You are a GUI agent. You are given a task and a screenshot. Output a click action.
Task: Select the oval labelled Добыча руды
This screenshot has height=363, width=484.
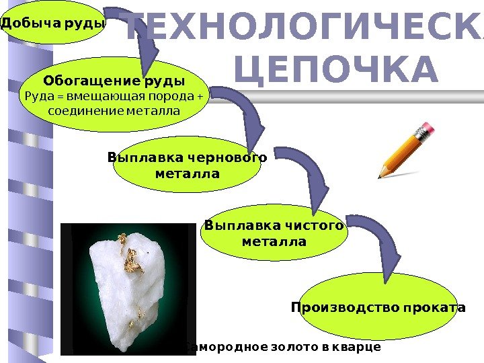pyautogui.click(x=54, y=24)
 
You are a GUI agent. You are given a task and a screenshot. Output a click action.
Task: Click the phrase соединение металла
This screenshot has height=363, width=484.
pyautogui.click(x=114, y=110)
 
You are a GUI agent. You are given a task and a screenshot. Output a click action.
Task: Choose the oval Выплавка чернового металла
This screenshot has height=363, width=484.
pyautogui.click(x=187, y=165)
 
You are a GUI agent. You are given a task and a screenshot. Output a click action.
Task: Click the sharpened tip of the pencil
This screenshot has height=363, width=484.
pyautogui.click(x=380, y=177)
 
